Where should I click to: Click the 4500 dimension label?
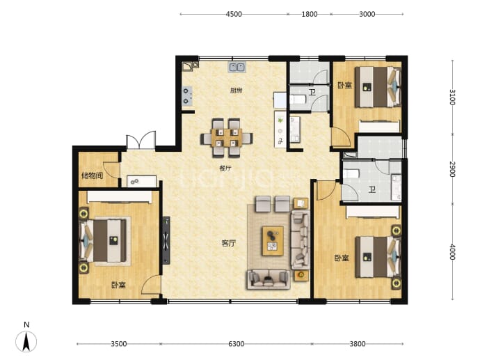point(234,14)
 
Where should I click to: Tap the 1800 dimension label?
point(309,14)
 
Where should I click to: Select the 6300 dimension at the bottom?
point(237,344)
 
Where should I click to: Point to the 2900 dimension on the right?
point(452,169)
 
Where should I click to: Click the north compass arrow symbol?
point(26,341)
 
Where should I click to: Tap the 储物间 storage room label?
point(92,175)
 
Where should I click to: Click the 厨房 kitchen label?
point(237,91)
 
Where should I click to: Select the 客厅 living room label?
point(229,243)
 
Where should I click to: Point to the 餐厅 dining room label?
point(225,169)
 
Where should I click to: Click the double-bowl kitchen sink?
point(237,67)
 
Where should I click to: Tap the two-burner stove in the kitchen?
point(186,96)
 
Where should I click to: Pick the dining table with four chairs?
point(227,138)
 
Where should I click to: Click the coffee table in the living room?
point(273,241)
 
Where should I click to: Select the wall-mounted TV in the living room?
point(166,240)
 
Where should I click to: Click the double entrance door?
point(141,141)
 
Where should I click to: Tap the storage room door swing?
point(111,170)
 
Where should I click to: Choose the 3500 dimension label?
point(119,344)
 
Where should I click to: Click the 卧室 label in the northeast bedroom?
point(344,85)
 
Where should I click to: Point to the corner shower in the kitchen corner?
point(191,66)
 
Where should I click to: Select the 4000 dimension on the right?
point(452,252)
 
